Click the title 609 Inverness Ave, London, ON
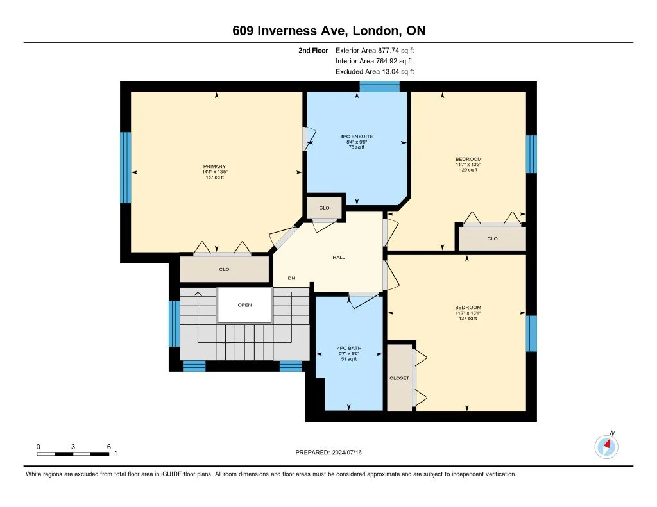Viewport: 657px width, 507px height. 328,31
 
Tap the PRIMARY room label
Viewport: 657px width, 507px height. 216,167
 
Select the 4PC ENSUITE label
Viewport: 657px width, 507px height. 357,137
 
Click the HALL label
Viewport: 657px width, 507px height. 339,257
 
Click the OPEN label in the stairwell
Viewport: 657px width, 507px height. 244,305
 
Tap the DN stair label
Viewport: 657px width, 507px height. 291,278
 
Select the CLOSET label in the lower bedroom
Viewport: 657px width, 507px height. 399,378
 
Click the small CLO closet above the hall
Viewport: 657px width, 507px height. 324,208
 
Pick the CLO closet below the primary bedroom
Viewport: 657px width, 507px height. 224,269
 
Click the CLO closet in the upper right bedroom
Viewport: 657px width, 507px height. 492,238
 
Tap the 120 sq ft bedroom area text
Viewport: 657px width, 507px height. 468,170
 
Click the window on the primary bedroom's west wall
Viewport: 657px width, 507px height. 126,168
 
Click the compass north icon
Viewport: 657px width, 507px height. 606,445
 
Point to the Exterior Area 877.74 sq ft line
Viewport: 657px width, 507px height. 379,50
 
